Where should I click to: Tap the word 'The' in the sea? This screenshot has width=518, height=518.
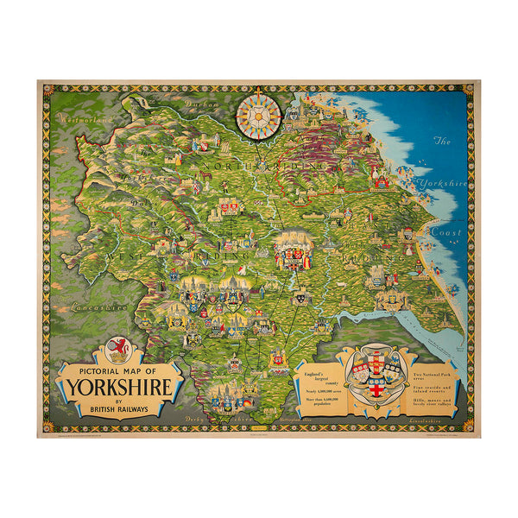(442, 141)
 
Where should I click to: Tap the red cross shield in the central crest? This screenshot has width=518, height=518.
(375, 383)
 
